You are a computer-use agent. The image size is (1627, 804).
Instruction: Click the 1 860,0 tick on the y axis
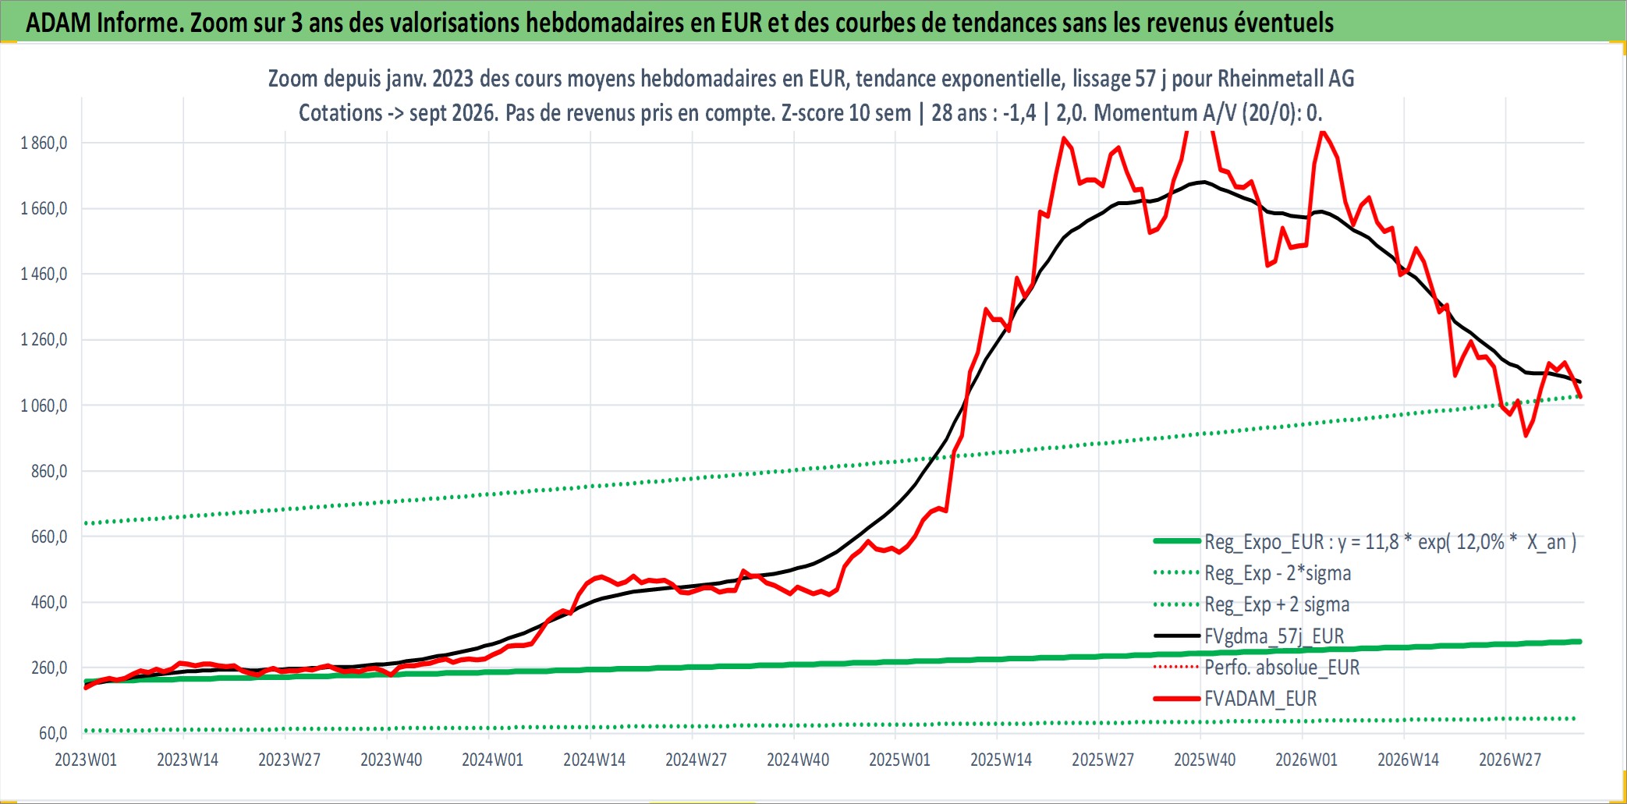[x=44, y=143]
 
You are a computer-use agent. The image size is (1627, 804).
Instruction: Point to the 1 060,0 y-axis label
[x=44, y=406]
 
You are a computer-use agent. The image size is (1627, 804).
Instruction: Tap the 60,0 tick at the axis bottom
[x=53, y=733]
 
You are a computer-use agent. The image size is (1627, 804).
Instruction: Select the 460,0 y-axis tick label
[x=49, y=602]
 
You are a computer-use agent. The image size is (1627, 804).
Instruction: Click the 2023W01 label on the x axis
[x=86, y=760]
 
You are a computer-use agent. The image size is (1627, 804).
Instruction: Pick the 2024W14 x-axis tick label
[x=594, y=760]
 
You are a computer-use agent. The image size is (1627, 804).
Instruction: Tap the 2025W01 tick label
[x=899, y=760]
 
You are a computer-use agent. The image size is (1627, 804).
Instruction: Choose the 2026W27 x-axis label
[x=1510, y=760]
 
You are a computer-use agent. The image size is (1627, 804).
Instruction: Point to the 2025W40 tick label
[x=1205, y=760]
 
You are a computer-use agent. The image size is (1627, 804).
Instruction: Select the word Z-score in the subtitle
[x=812, y=113]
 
